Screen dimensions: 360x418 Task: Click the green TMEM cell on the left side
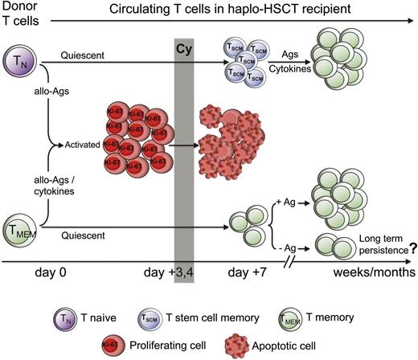pos(18,229)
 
